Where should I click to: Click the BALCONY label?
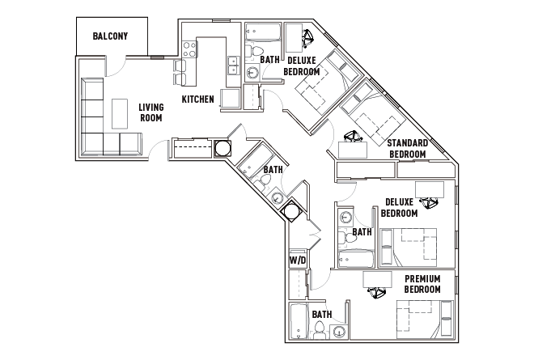[111, 36]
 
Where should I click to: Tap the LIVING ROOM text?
[150, 112]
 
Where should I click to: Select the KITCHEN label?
[197, 100]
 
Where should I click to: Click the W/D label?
[298, 260]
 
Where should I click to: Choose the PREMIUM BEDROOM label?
[422, 283]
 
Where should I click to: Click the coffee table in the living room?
[121, 114]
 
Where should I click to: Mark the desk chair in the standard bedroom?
[353, 138]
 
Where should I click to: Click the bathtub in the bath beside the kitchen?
[262, 36]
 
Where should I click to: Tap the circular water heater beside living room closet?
[222, 149]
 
